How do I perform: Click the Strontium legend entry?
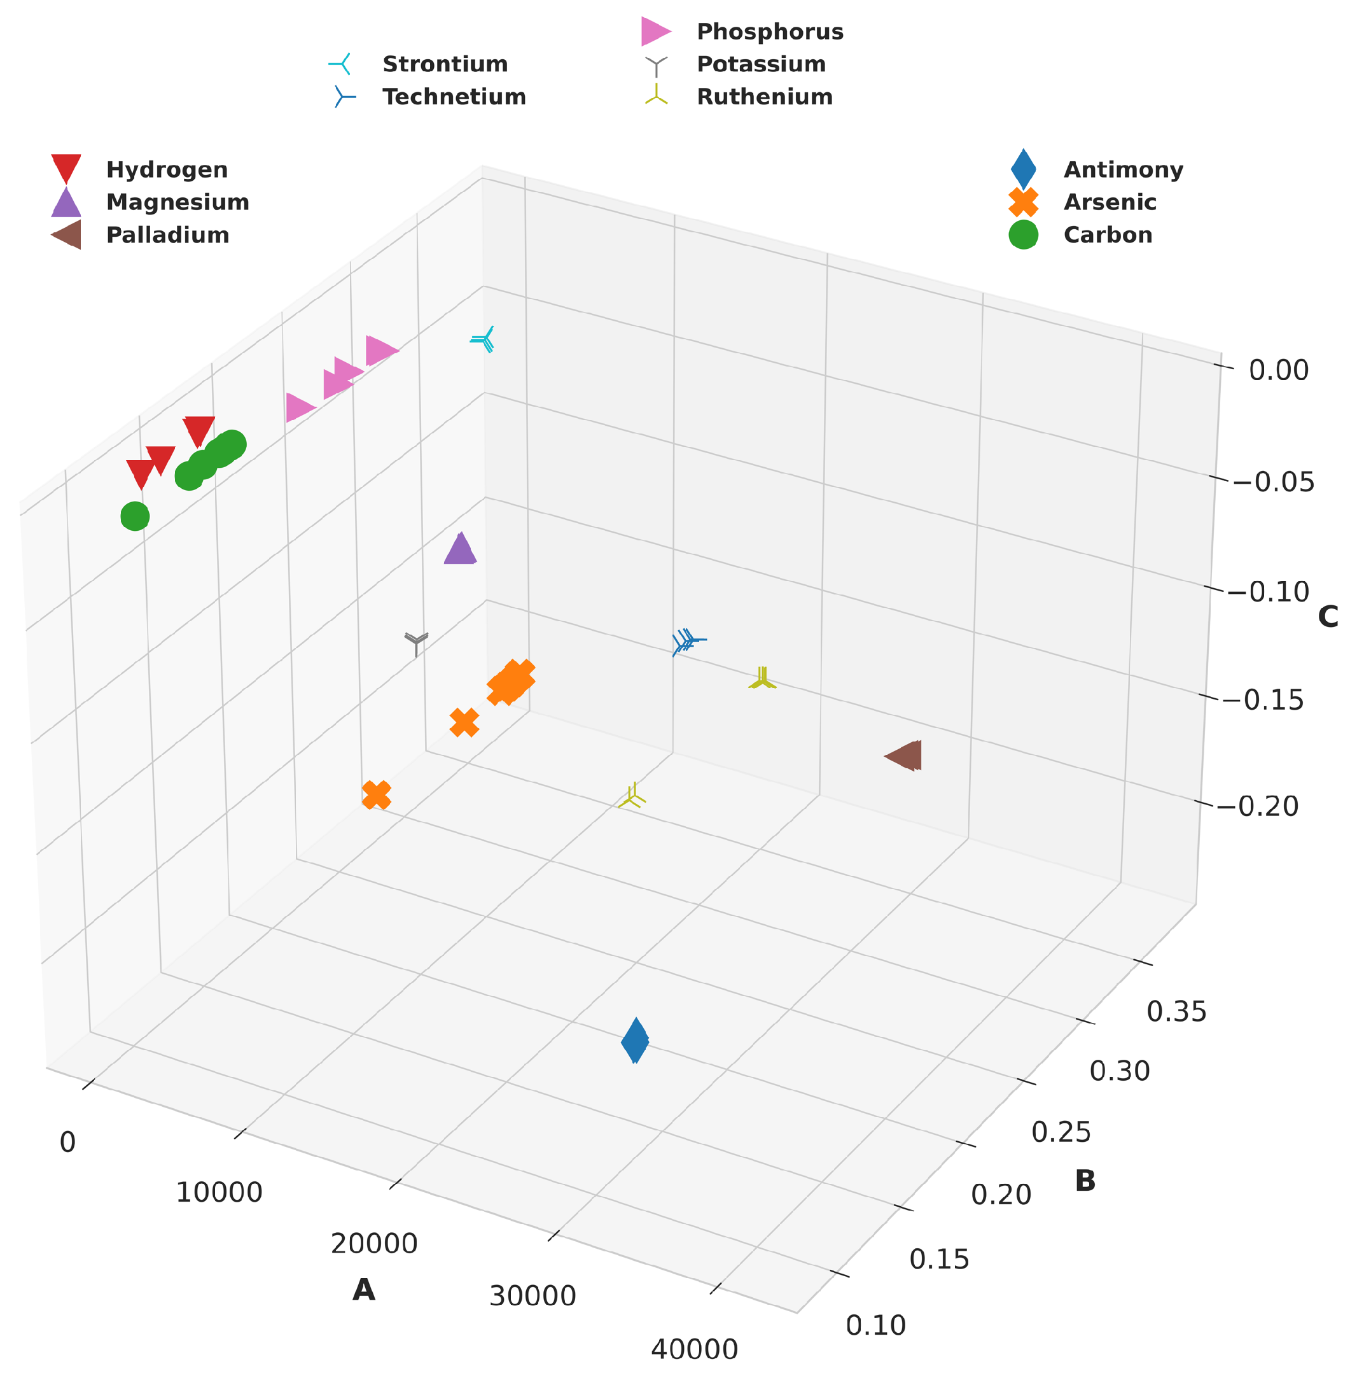click(x=445, y=64)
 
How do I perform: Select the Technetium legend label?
click(x=454, y=97)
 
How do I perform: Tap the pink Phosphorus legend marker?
click(x=655, y=32)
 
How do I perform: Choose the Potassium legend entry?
click(x=760, y=64)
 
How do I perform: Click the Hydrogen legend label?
click(x=167, y=170)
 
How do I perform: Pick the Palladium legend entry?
click(x=167, y=236)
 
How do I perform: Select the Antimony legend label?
click(x=1124, y=170)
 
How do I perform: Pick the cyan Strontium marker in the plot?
click(x=485, y=340)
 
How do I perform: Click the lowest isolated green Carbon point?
click(x=135, y=516)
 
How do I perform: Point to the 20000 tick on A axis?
click(x=373, y=1244)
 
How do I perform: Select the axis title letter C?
click(x=1328, y=617)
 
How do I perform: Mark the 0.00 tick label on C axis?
click(x=1279, y=370)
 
